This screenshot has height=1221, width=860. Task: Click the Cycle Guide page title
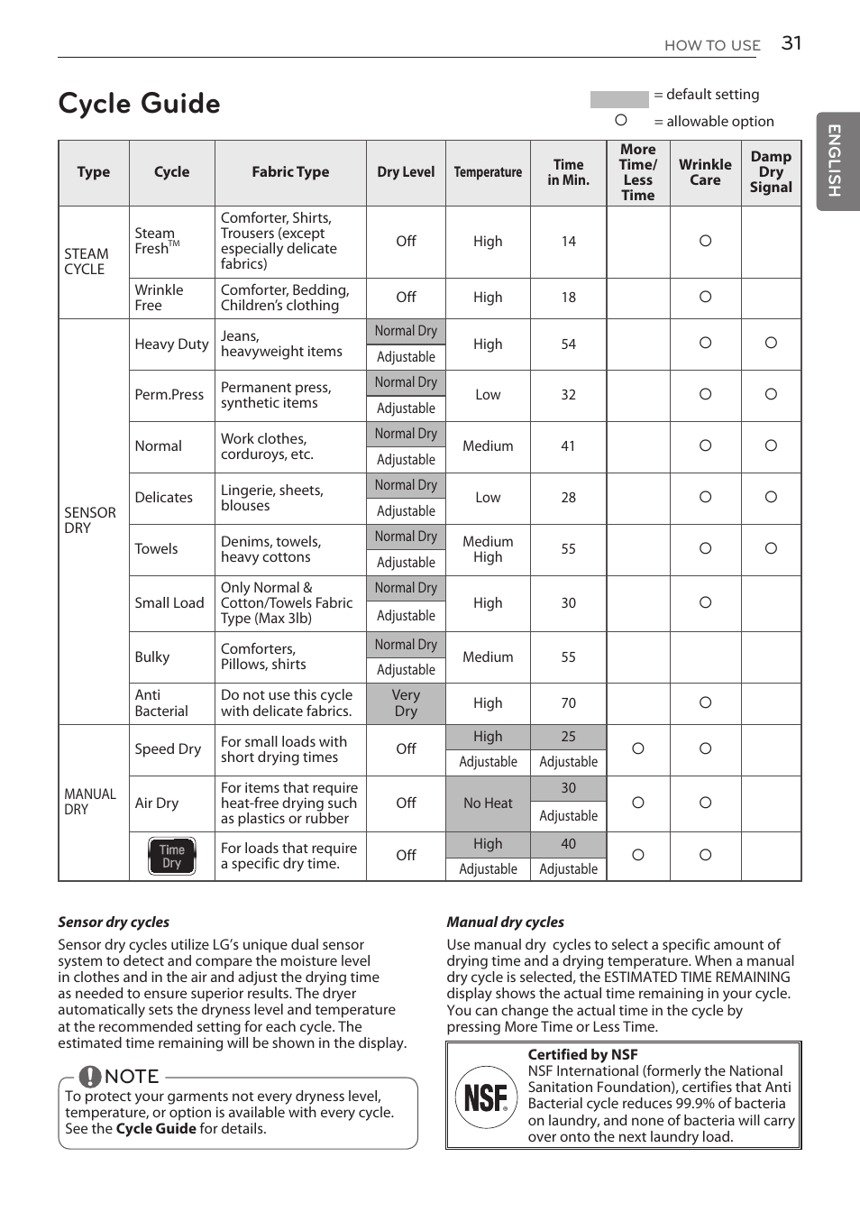tap(139, 104)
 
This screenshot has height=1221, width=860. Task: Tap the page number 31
tap(791, 43)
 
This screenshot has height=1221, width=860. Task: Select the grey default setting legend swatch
tap(618, 98)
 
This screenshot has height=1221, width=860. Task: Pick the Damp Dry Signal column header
tap(771, 172)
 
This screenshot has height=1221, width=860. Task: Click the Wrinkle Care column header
tap(705, 172)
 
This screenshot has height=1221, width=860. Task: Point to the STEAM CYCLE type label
tap(87, 262)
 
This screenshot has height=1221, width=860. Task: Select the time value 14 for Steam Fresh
tap(568, 242)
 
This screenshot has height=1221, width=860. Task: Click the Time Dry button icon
tap(171, 856)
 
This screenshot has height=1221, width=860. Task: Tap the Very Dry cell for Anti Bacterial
tap(406, 703)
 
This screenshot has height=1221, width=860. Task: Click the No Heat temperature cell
tap(488, 803)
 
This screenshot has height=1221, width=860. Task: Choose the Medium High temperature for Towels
tap(488, 549)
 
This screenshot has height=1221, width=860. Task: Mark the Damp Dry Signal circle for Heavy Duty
tap(771, 343)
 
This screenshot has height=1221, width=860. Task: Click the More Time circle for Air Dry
tap(638, 803)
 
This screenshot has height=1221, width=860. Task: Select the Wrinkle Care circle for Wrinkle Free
tap(705, 297)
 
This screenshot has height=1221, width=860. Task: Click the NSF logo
tap(486, 1097)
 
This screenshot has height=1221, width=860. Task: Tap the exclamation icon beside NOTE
tap(90, 1077)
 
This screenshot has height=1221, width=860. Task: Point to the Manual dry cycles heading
tap(505, 922)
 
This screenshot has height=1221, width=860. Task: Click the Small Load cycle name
tap(169, 603)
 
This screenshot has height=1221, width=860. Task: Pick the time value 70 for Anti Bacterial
tap(568, 703)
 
